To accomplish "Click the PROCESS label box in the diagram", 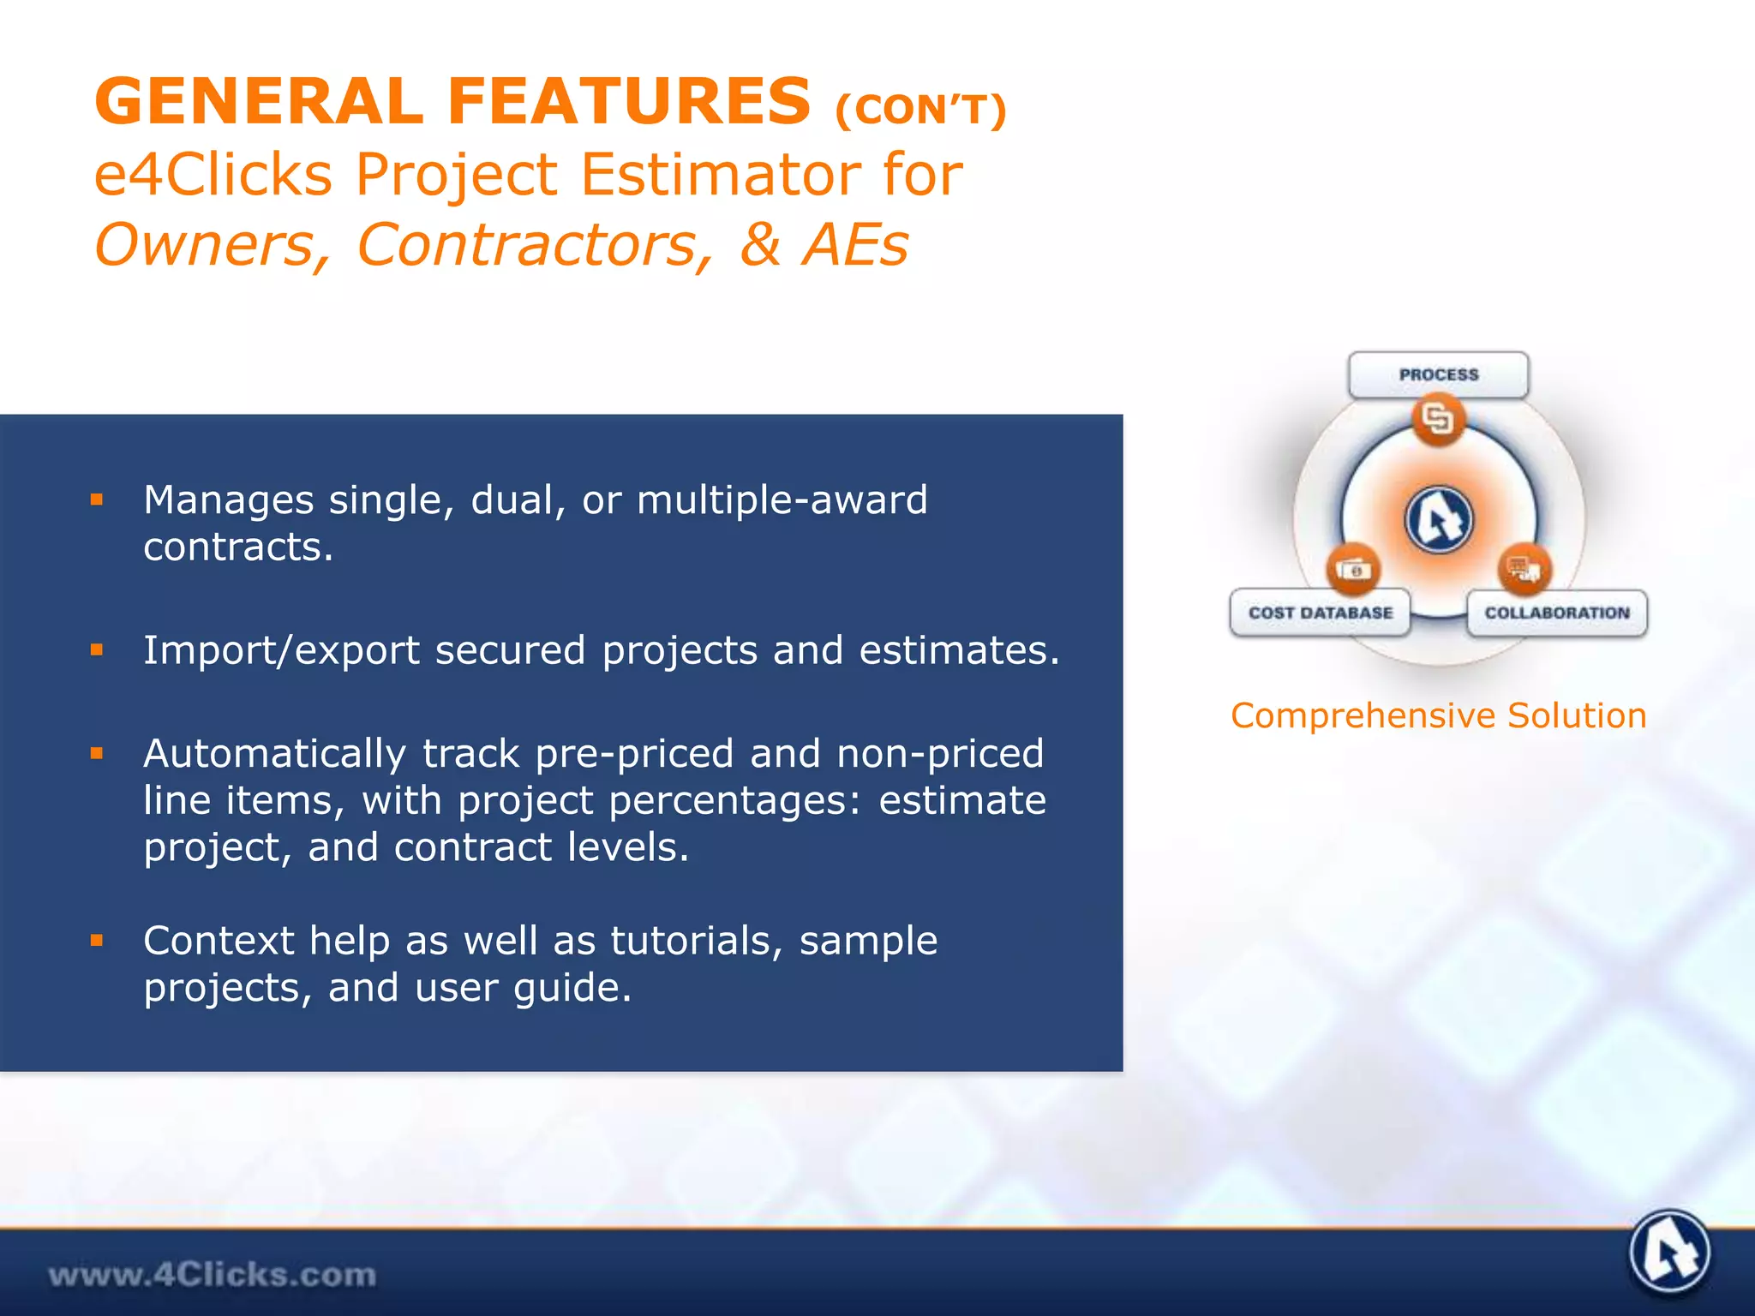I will click(1438, 375).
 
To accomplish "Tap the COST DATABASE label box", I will click(1320, 613).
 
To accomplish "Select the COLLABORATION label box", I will click(1556, 613).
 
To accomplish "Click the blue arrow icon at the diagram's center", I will click(1439, 520).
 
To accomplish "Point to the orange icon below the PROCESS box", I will click(1438, 419).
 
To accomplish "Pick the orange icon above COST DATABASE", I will click(1353, 570).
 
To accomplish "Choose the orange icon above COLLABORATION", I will click(1524, 569).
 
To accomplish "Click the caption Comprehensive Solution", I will click(1438, 715).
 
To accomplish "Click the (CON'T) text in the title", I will click(920, 111).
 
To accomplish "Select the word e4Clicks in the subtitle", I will click(213, 175).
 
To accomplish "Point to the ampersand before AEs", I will click(761, 245).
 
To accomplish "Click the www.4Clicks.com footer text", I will click(212, 1275).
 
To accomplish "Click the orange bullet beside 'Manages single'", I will click(97, 499).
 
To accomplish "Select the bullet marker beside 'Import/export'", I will click(97, 650).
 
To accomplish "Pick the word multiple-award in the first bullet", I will click(782, 499).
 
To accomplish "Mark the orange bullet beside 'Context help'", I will click(97, 941).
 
